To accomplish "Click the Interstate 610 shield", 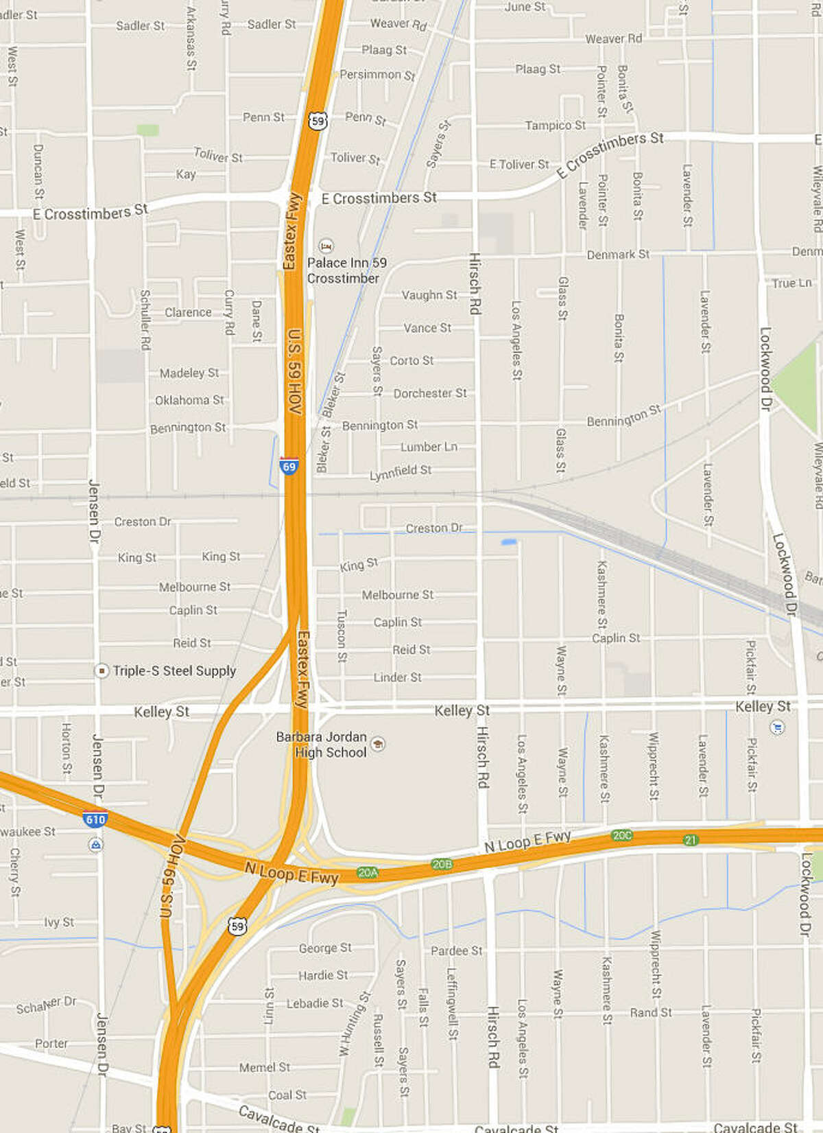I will click(95, 819).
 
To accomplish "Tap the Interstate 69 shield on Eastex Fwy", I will click(289, 466).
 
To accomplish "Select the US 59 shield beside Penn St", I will click(317, 121).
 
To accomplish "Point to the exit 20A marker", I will click(368, 872).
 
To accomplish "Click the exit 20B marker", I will click(442, 864).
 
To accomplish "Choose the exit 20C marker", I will click(622, 835).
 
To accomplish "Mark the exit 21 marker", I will click(690, 839).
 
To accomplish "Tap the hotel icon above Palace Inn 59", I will click(326, 246).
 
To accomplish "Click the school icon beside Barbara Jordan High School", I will click(377, 744).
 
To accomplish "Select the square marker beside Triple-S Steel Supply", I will click(102, 670).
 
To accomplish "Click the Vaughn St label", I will click(429, 295).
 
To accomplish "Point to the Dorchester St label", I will click(430, 393).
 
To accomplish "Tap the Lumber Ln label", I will click(429, 447).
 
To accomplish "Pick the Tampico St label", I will click(555, 125).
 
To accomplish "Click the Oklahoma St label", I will click(189, 400).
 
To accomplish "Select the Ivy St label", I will click(59, 922).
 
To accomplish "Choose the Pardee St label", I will click(456, 950).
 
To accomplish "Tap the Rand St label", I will click(651, 1012).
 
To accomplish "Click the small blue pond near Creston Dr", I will click(508, 542).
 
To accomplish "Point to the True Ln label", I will click(791, 283).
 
